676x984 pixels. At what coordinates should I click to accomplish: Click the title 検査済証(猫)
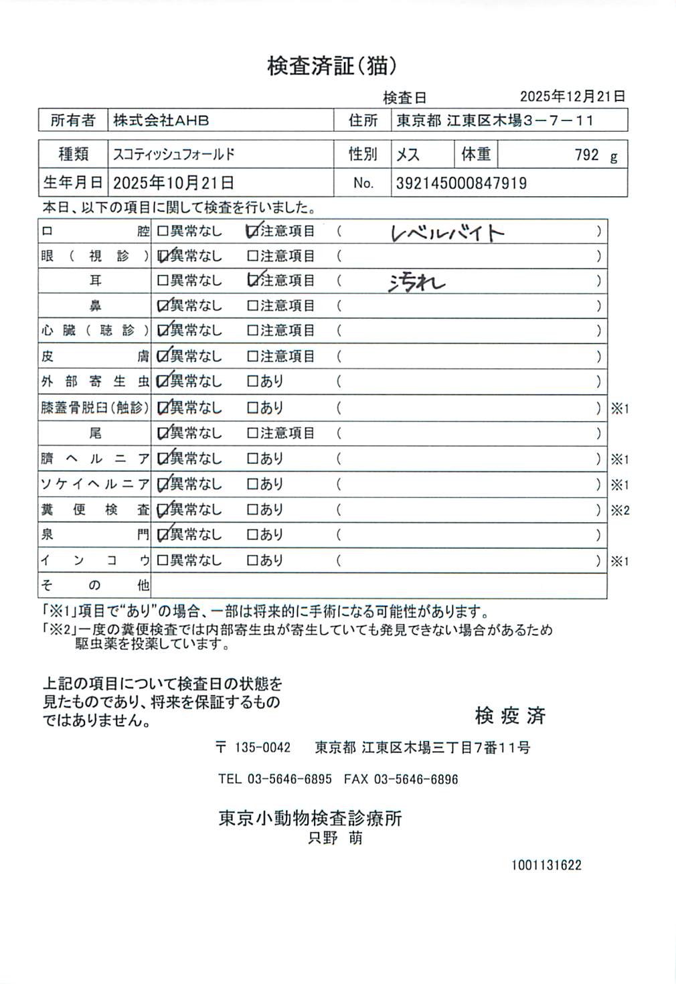pyautogui.click(x=333, y=66)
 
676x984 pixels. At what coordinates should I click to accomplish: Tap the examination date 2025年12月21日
pyautogui.click(x=572, y=96)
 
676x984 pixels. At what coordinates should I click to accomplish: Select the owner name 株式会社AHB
pyautogui.click(x=161, y=120)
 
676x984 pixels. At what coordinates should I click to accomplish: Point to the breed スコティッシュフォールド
pyautogui.click(x=174, y=155)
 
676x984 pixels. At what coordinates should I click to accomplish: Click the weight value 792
pyautogui.click(x=586, y=155)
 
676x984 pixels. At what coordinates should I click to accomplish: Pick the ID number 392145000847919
pyautogui.click(x=461, y=183)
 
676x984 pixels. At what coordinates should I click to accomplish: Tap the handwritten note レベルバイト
pyautogui.click(x=447, y=233)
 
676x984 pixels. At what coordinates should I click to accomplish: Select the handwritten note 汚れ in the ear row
pyautogui.click(x=416, y=283)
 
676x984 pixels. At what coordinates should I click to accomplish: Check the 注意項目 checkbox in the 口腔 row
pyautogui.click(x=252, y=232)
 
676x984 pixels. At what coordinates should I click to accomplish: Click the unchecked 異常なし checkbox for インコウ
pyautogui.click(x=163, y=560)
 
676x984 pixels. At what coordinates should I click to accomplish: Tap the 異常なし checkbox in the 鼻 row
pyautogui.click(x=163, y=306)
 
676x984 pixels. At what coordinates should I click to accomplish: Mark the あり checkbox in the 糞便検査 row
pyautogui.click(x=252, y=509)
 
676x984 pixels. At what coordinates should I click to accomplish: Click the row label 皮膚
pyautogui.click(x=94, y=356)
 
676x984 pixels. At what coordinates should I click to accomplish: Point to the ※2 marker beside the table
pyautogui.click(x=620, y=510)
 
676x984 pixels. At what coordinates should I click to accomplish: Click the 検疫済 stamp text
pyautogui.click(x=510, y=716)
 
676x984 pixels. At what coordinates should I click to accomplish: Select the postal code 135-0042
pyautogui.click(x=262, y=748)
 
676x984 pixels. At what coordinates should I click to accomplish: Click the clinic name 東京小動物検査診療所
pyautogui.click(x=310, y=818)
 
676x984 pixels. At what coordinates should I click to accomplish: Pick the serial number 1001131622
pyautogui.click(x=546, y=865)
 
